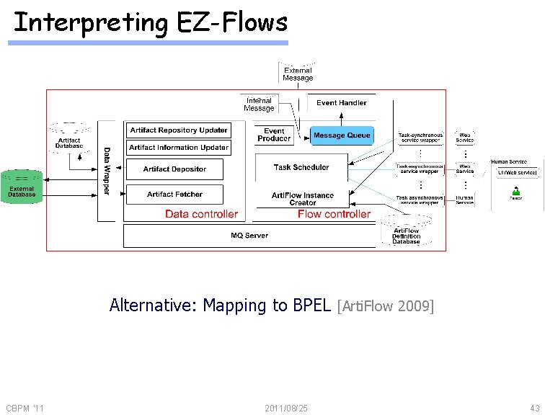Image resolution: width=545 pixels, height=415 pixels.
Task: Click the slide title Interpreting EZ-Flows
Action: point(150,23)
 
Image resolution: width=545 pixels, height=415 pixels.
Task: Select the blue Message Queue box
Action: point(342,135)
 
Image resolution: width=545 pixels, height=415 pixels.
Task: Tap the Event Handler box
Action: point(342,103)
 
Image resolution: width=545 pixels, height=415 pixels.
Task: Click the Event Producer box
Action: point(274,135)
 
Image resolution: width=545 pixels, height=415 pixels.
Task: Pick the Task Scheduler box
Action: point(301,167)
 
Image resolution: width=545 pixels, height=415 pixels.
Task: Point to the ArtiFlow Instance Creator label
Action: point(303,199)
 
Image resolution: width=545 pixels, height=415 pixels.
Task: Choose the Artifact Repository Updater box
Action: point(179,130)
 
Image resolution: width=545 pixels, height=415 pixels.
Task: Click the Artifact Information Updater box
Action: point(179,148)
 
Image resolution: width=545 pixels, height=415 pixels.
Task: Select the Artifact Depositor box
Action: point(174,169)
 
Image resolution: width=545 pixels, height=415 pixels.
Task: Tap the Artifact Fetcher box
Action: point(174,195)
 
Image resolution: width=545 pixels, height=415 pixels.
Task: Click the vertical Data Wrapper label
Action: point(107,171)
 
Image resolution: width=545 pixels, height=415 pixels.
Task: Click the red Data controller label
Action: point(201,214)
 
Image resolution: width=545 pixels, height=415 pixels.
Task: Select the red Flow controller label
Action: point(334,214)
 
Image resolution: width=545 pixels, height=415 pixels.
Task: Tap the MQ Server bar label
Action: point(249,236)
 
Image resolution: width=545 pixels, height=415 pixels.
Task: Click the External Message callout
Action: point(298,73)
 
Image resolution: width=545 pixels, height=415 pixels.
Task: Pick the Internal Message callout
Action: point(259,104)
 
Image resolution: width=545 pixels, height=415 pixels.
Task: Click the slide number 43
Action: point(534,409)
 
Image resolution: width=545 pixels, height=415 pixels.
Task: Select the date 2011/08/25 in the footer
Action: point(286,409)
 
